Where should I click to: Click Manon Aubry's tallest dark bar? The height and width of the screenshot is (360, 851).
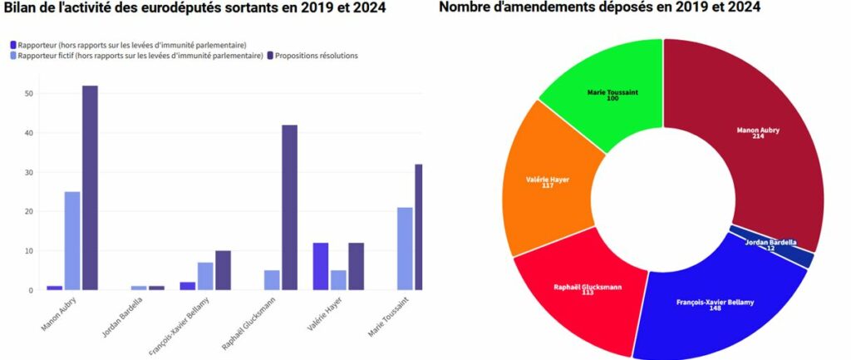(x=90, y=188)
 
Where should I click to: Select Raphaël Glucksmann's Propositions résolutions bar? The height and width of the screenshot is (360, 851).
(x=289, y=208)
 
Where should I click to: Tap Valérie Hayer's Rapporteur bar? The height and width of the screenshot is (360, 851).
(x=321, y=266)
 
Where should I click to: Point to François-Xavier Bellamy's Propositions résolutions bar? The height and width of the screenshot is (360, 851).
(x=223, y=270)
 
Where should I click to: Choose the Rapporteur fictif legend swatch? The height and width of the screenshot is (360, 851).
(x=12, y=56)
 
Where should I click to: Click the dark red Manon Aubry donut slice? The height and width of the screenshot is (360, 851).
(x=748, y=141)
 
